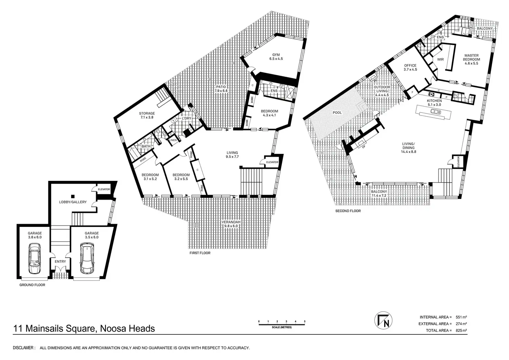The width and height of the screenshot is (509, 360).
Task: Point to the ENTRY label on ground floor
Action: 60,262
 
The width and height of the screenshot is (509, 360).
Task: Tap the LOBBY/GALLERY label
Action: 73,202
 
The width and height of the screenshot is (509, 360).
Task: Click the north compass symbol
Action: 383,321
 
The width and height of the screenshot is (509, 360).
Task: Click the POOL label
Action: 337,113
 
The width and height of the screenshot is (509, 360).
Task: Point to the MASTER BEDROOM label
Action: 472,57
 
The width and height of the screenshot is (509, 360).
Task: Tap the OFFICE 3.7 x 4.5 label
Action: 410,67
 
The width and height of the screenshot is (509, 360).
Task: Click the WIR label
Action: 440,59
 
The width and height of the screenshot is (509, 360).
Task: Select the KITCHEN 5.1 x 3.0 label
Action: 434,103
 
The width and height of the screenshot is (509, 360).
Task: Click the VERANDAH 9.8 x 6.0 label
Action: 231,224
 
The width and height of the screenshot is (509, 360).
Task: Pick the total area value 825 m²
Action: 461,331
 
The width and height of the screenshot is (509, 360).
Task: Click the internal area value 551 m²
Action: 461,317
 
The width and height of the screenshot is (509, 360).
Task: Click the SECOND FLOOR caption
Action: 348,211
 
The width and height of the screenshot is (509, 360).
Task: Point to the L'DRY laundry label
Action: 186,119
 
